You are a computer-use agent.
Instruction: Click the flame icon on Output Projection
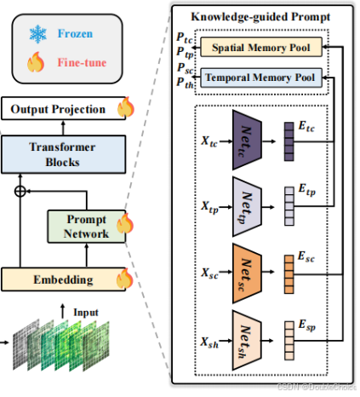coord(125,108)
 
